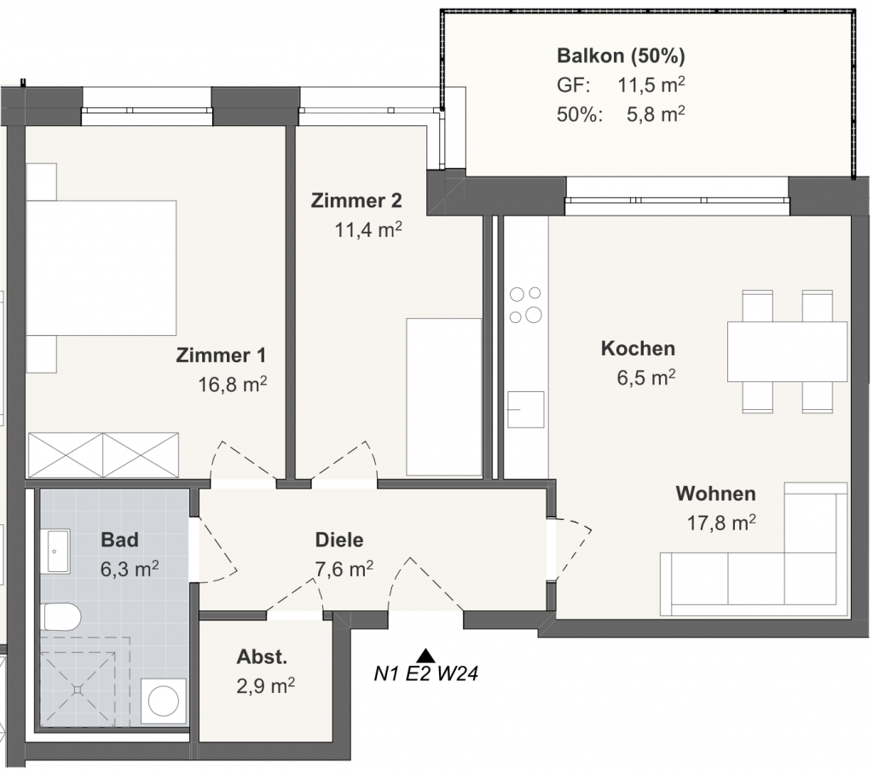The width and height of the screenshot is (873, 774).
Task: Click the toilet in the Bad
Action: [x=61, y=616]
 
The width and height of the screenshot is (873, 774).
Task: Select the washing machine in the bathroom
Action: [x=164, y=701]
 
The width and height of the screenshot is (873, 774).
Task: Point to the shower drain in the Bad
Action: [x=78, y=690]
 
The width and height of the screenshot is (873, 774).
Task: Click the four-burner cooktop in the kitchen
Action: [x=525, y=304]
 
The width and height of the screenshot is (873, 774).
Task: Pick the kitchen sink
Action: [x=525, y=409]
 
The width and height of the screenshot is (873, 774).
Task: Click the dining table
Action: [x=787, y=351]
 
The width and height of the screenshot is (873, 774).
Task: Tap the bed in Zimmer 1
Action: [x=101, y=268]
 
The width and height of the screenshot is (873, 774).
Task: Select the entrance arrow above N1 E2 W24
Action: [x=426, y=656]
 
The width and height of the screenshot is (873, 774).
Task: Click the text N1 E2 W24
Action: [x=426, y=673]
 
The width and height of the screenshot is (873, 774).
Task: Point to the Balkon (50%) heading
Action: [x=621, y=55]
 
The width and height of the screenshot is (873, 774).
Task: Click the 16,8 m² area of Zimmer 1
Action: [x=233, y=384]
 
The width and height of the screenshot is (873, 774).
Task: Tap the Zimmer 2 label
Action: [x=356, y=200]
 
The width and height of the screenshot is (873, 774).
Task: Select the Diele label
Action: [x=339, y=540]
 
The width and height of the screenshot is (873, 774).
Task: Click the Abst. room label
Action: [x=262, y=657]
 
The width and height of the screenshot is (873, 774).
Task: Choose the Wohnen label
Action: [x=716, y=494]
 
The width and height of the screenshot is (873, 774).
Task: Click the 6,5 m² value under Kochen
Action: [x=646, y=378]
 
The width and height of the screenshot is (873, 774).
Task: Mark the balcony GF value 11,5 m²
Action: [x=650, y=84]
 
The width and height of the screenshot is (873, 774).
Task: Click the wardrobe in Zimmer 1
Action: [x=103, y=455]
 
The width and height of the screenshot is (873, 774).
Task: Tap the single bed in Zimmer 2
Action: [x=443, y=396]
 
